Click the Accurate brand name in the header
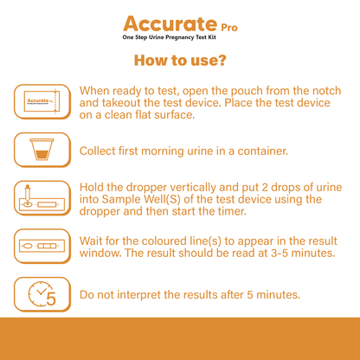170,23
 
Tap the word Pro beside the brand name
229,28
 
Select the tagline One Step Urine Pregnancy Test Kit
169,37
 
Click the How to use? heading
180,61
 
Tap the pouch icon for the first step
42,101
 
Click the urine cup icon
42,150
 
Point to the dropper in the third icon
28,195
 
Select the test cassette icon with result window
42,246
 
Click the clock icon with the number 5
42,294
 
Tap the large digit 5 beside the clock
51,299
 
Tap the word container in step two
263,151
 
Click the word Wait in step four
91,241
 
